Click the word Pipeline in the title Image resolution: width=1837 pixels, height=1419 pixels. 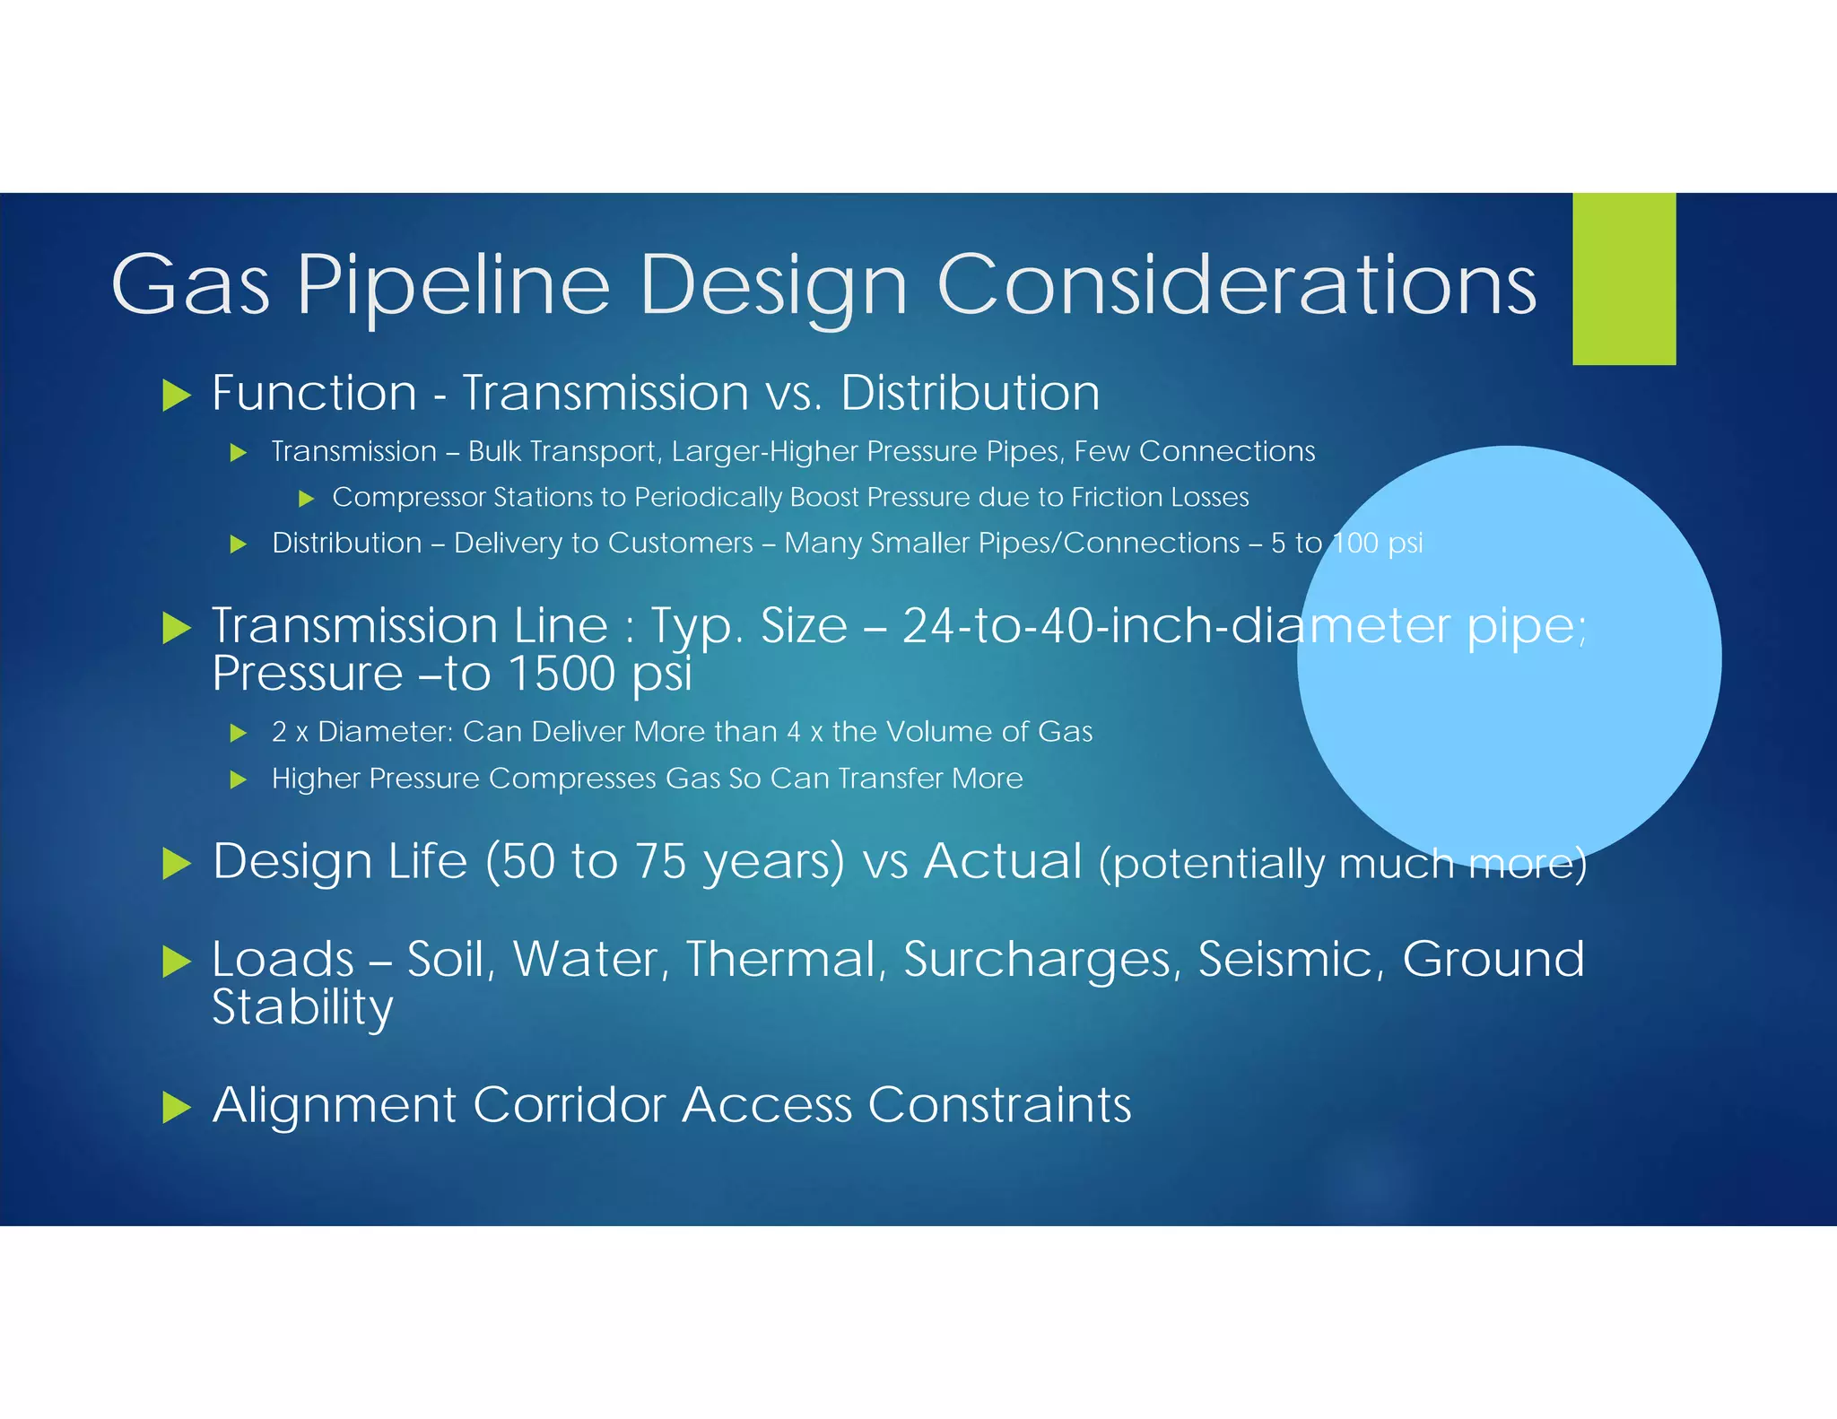click(x=453, y=285)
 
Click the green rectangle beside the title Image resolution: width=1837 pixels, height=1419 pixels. click(x=1624, y=279)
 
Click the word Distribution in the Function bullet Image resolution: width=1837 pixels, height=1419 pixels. click(x=970, y=393)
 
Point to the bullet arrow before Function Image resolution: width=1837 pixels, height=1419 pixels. click(x=177, y=395)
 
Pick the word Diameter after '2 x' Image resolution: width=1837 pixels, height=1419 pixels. click(x=386, y=732)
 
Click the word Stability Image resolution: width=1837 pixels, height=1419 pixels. click(x=302, y=1008)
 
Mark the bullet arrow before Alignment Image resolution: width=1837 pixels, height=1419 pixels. click(x=177, y=1108)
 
